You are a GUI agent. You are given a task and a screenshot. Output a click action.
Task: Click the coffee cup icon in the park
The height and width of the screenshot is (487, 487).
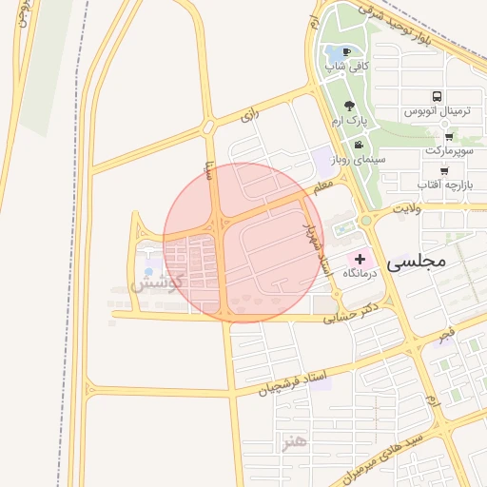(344, 51)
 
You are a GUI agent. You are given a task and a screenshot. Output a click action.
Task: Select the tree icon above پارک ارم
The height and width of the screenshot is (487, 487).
(349, 107)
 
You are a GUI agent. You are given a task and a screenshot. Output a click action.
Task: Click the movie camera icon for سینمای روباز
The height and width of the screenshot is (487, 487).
(358, 145)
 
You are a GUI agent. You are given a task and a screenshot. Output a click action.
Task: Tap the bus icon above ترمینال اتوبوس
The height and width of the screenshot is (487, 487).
(437, 97)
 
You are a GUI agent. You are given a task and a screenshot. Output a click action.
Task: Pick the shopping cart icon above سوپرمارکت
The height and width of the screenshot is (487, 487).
(448, 136)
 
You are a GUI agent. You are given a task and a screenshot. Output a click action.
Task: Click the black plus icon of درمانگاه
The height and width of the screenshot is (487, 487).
(360, 259)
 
